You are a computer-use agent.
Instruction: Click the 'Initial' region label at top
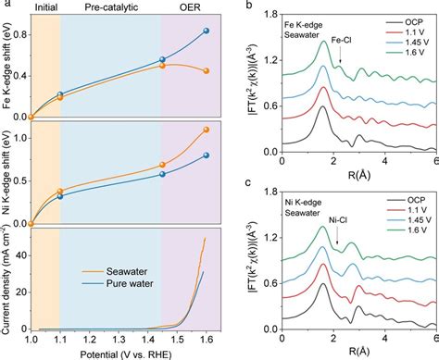46,7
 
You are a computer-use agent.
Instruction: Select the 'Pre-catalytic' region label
111,7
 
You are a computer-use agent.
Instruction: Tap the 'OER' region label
190,7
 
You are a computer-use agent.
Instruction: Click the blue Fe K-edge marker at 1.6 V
207,31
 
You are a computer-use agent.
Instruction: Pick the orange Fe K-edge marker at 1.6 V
207,71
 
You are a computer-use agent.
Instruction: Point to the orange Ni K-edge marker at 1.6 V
207,130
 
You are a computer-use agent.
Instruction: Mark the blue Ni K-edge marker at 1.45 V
162,174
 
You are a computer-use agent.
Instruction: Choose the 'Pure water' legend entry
118,283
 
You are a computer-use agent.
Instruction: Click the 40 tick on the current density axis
24,255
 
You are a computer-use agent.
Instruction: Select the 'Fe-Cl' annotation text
341,40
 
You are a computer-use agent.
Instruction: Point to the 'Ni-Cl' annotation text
338,220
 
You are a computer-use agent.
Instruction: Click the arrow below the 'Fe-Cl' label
340,56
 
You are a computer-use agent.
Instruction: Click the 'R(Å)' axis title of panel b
359,175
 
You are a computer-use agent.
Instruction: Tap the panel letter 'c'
248,182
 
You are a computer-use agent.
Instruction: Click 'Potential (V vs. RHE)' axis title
126,355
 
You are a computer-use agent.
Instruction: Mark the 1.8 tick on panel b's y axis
270,15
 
